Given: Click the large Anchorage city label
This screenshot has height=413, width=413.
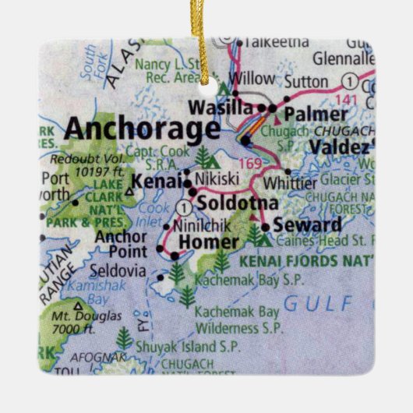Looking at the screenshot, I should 141,128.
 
